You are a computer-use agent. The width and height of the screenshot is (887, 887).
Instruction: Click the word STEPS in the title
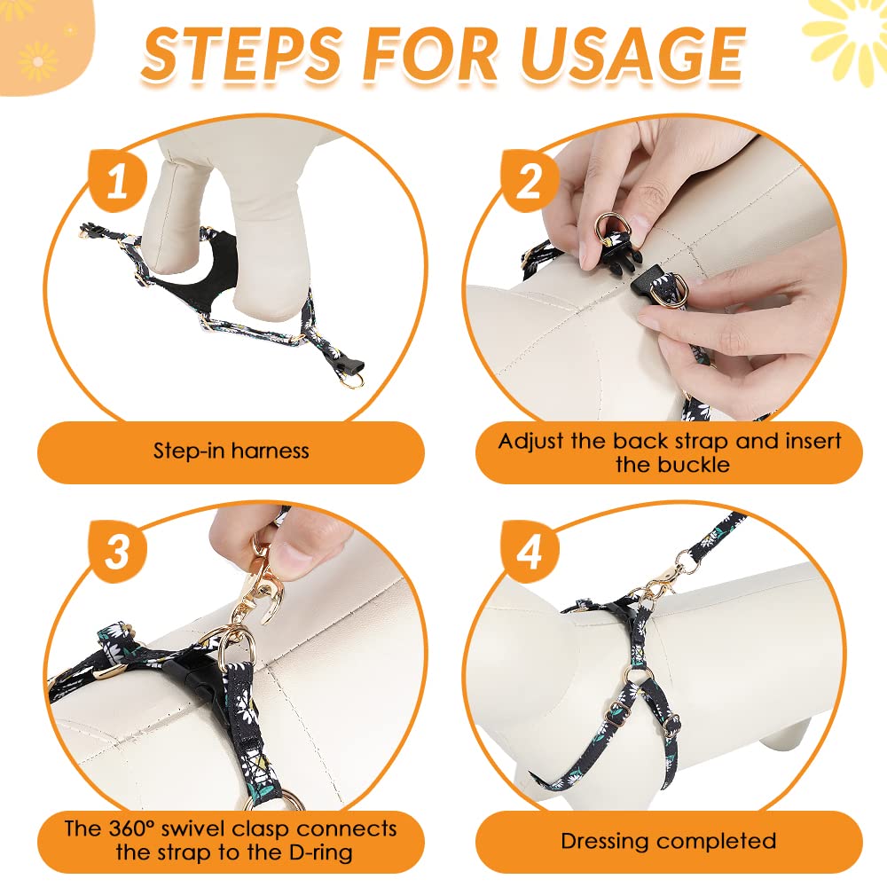[x=241, y=54]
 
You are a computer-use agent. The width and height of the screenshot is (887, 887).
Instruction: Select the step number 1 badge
[x=118, y=181]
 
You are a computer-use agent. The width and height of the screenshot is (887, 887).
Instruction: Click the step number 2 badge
[x=530, y=181]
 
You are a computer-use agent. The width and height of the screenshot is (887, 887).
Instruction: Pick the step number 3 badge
[x=118, y=552]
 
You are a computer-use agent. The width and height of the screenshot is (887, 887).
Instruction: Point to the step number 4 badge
[x=530, y=552]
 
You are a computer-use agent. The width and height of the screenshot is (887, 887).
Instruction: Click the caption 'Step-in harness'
[x=231, y=451]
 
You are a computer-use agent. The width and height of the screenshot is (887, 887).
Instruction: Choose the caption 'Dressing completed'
[x=668, y=841]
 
